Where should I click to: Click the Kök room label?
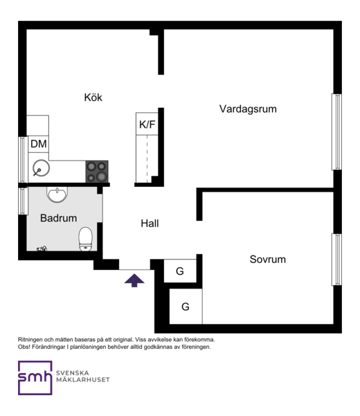click(x=93, y=98)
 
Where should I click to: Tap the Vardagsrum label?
click(x=248, y=109)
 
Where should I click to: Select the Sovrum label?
click(x=268, y=259)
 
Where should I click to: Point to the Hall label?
click(x=150, y=224)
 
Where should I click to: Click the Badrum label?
click(x=59, y=218)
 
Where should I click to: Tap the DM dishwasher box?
click(x=39, y=144)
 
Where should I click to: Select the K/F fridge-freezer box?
click(x=147, y=124)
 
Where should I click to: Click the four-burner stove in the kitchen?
click(x=97, y=172)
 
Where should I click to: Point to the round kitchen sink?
click(x=41, y=168)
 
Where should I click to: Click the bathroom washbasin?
click(x=57, y=195)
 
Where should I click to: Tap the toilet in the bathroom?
click(x=85, y=239)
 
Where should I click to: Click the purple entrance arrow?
click(x=134, y=280)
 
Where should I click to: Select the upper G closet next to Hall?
click(x=180, y=271)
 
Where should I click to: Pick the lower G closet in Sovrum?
click(x=186, y=307)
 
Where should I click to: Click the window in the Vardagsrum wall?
click(x=337, y=132)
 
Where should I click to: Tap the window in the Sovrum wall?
click(x=337, y=260)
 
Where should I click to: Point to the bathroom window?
click(x=23, y=201)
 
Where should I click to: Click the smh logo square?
click(x=35, y=378)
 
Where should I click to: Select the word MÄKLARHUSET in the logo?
click(x=83, y=379)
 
